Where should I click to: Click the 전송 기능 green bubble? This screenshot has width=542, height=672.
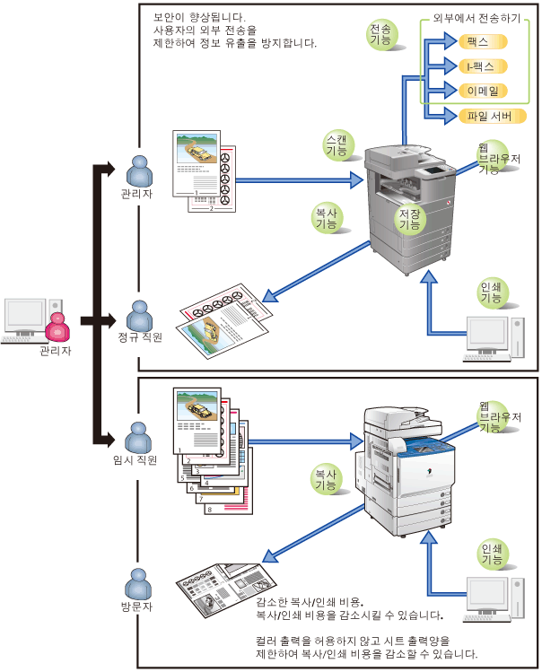tap(380, 36)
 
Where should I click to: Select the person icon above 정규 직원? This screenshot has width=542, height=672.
tap(139, 316)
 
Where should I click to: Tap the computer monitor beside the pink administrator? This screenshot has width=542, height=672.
tap(24, 316)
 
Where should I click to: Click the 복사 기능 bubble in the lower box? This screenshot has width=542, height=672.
tap(325, 478)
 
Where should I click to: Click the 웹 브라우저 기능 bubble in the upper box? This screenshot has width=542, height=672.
tap(492, 156)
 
